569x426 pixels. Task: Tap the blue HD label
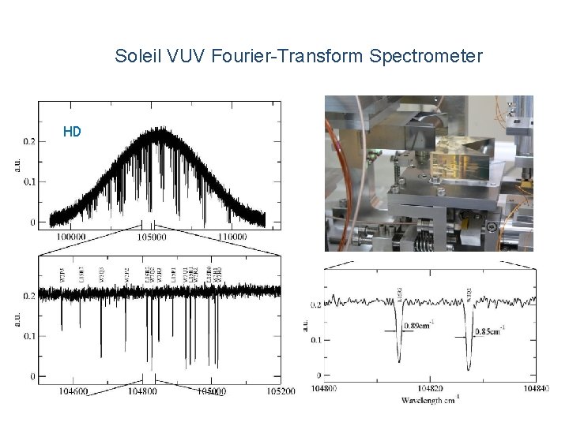[72, 132]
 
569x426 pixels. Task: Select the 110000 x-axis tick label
[232, 237]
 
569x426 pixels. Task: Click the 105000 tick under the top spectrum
[153, 237]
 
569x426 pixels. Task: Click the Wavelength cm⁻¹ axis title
[424, 399]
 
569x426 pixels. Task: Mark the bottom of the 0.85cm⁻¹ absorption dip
[469, 368]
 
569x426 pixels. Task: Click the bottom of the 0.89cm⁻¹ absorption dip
[399, 361]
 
